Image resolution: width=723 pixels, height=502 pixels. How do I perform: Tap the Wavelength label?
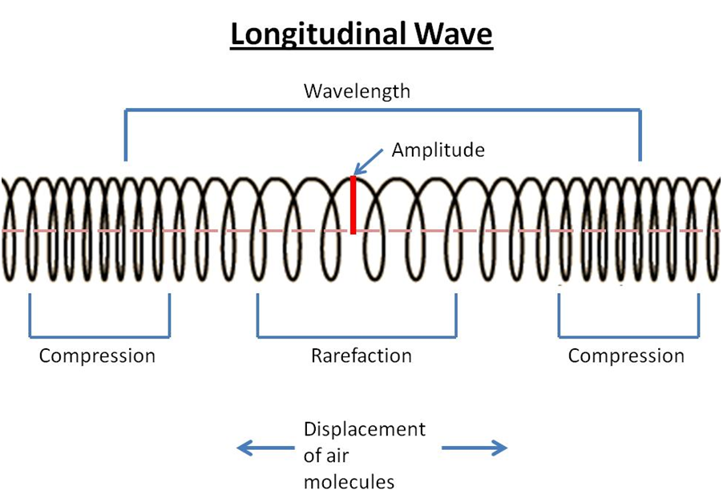coord(357,90)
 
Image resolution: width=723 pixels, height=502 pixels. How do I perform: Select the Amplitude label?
coord(438,150)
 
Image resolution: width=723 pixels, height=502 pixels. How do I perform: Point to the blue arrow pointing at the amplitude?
coord(370,163)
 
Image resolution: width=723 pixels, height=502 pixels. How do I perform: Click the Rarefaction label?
coord(361,355)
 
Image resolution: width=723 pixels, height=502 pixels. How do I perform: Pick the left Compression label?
coord(97,355)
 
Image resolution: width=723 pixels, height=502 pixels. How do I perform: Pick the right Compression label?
coord(626,355)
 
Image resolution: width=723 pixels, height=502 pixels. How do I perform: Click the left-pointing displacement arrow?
coord(265,448)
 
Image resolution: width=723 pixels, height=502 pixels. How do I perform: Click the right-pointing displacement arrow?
coord(475,448)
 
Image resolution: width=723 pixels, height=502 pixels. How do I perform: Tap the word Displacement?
coord(365,429)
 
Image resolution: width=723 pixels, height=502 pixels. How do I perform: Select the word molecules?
coord(349,482)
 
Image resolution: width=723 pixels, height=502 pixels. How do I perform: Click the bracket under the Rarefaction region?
coord(357,337)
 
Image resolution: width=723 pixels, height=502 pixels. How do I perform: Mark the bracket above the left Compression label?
coord(99,337)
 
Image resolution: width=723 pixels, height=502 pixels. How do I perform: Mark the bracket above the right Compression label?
coord(628,337)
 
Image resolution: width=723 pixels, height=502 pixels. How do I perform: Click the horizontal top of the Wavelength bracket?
coord(382,110)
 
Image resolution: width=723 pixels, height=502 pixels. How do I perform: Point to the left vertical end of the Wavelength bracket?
coord(125,136)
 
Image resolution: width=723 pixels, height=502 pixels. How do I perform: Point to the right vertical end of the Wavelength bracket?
coord(640,136)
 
